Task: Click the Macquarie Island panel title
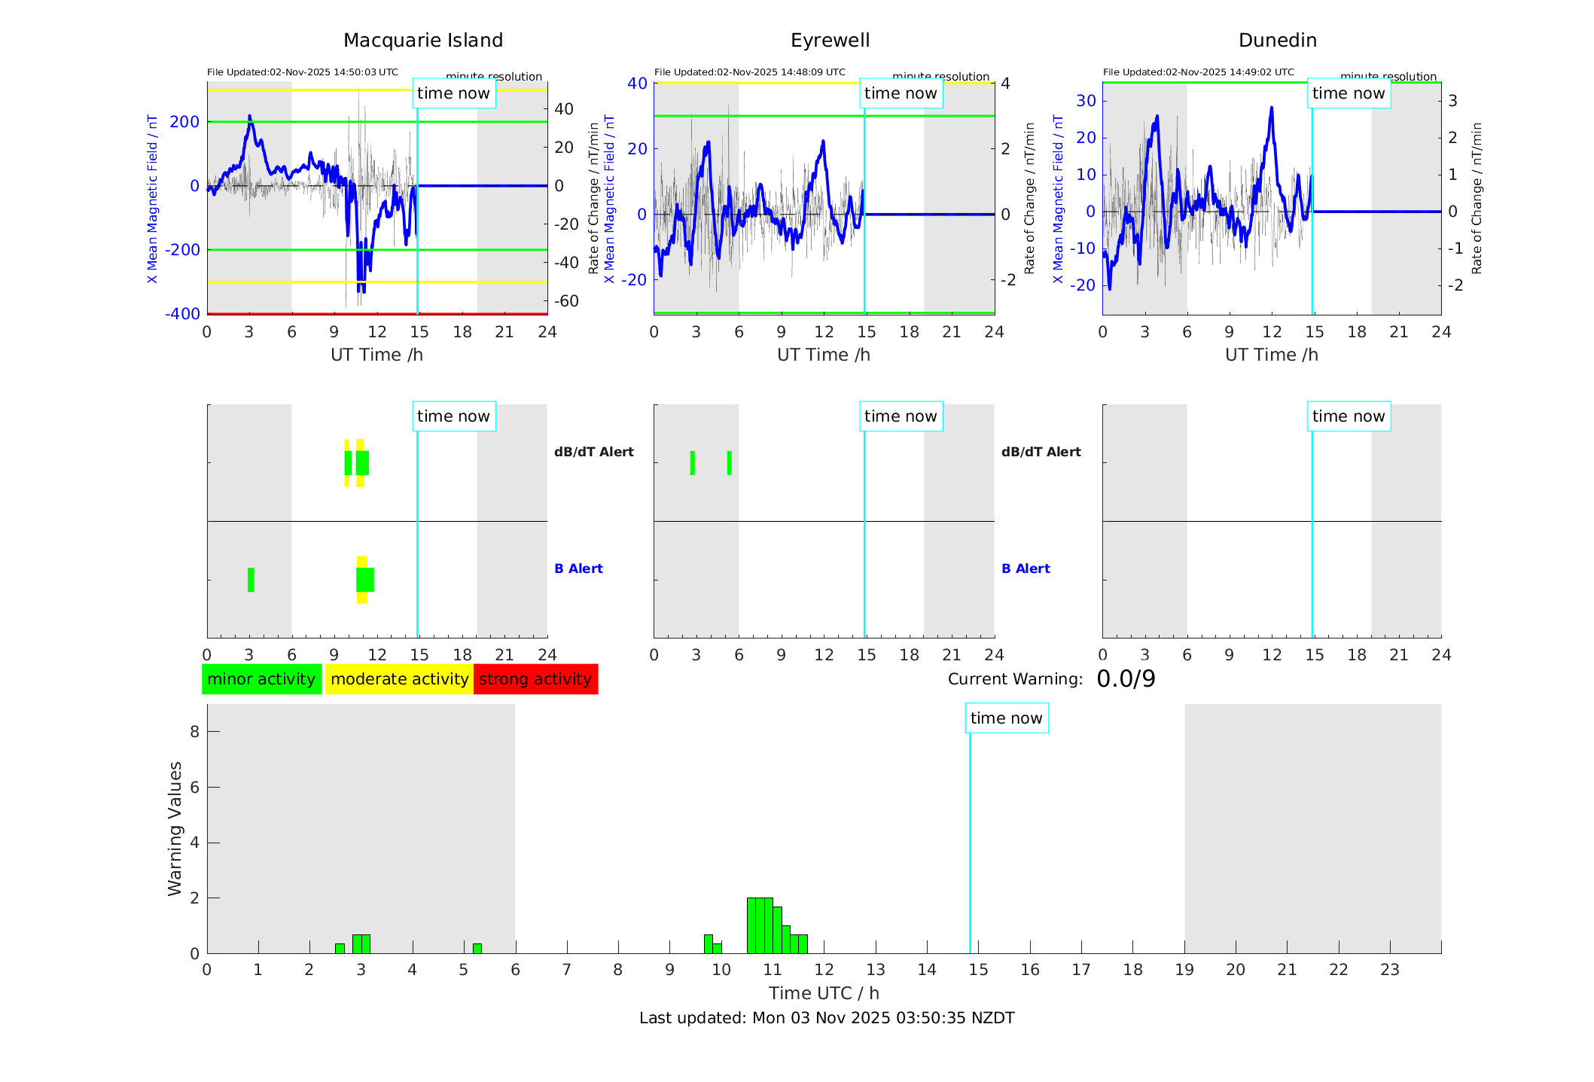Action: click(x=423, y=40)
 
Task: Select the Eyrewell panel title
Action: click(x=830, y=40)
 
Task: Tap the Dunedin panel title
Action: click(x=1277, y=40)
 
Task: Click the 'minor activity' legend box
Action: click(x=261, y=679)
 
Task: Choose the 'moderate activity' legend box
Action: click(x=399, y=679)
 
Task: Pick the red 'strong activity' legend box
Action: click(x=535, y=679)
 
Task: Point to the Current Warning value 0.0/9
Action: click(x=1126, y=679)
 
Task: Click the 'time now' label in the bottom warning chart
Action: click(x=1006, y=718)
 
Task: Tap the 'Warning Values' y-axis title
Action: click(x=175, y=828)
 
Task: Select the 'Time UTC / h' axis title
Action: click(x=824, y=993)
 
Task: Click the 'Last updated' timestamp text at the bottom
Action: click(x=827, y=1018)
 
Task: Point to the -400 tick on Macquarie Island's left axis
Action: click(x=183, y=313)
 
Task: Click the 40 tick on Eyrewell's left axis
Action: click(x=637, y=83)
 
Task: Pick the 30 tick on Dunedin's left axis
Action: click(x=1086, y=101)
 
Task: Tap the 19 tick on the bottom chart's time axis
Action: click(x=1184, y=970)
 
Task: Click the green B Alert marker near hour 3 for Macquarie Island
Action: click(x=251, y=580)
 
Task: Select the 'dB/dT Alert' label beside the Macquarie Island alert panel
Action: click(x=593, y=452)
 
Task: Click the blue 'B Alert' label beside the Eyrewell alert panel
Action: click(x=1026, y=568)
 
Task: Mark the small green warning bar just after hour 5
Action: click(x=477, y=948)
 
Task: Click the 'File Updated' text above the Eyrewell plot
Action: click(x=749, y=72)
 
